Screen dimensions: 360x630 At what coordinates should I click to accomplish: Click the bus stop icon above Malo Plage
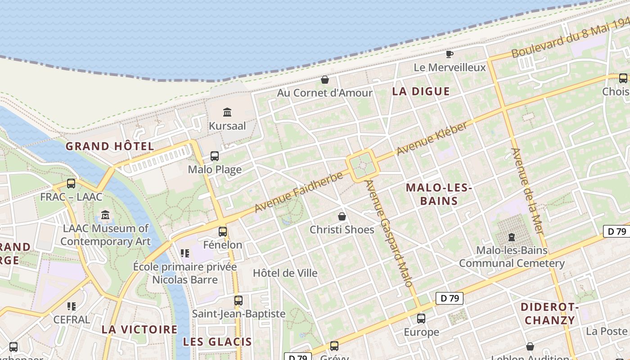tap(215, 156)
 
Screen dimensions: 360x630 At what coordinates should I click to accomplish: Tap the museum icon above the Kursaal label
tap(227, 112)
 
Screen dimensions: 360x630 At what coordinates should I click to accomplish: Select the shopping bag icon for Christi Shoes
tap(342, 216)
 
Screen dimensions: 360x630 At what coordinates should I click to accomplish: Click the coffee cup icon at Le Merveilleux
tap(449, 54)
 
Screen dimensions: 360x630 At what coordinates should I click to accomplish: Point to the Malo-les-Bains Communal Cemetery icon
tap(511, 237)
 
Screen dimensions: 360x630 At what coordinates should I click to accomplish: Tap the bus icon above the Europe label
tap(421, 319)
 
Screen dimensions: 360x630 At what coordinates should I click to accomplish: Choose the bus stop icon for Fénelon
tap(223, 232)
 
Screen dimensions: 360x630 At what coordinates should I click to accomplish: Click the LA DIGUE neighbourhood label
tap(421, 91)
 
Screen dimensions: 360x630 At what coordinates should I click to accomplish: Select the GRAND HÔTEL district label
tap(110, 146)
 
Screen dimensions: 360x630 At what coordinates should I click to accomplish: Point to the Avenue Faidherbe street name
tap(299, 192)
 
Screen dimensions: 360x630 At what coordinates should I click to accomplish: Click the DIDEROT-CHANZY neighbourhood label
tap(549, 314)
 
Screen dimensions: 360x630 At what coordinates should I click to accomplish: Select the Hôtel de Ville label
tap(285, 273)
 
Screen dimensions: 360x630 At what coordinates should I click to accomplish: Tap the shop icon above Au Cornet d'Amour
tap(325, 80)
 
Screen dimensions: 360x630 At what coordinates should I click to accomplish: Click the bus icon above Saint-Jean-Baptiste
tap(238, 300)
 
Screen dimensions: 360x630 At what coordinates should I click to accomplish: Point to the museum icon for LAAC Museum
tap(106, 215)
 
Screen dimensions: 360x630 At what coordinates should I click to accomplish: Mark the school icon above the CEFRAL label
tap(72, 306)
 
